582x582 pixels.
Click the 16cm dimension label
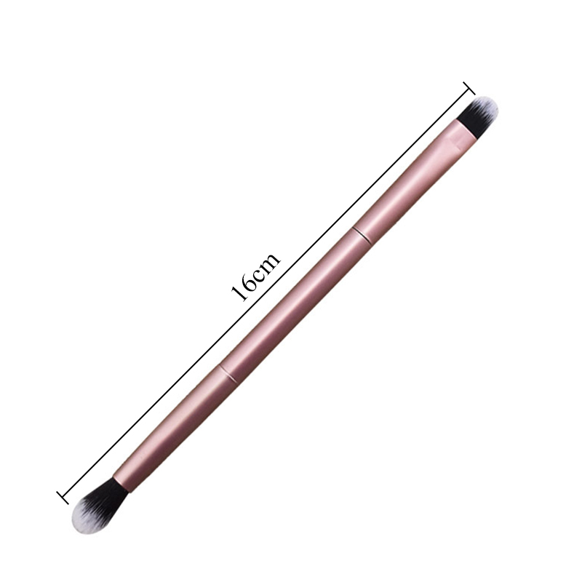click(x=256, y=277)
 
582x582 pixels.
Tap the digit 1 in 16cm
click(x=238, y=294)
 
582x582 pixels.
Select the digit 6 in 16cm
click(x=247, y=284)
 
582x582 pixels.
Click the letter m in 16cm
click(x=271, y=261)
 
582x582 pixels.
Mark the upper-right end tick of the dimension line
click(x=469, y=88)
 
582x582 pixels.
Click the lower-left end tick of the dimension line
click(x=63, y=498)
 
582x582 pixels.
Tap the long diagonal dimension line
click(x=266, y=293)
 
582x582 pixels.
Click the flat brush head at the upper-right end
click(x=477, y=114)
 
